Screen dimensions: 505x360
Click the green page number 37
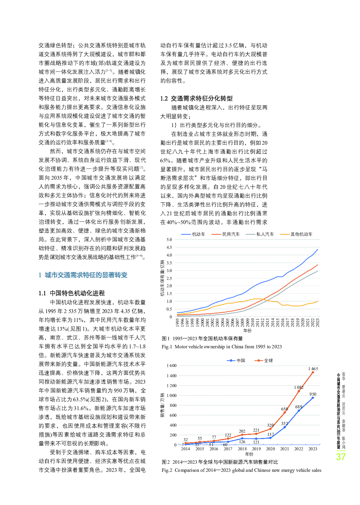(x=341, y=457)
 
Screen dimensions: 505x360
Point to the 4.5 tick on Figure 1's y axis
(x=169, y=247)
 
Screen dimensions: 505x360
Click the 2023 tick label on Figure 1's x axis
(x=317, y=323)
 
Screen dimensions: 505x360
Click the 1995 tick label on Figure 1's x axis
(x=178, y=323)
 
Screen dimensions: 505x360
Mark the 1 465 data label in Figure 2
(x=313, y=369)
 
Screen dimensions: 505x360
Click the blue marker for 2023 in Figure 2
(x=313, y=398)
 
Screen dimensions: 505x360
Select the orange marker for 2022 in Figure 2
(x=299, y=391)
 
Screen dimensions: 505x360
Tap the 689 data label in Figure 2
(x=299, y=407)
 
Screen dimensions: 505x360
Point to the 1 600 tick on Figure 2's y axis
(x=172, y=366)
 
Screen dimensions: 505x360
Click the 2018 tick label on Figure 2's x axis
(x=242, y=449)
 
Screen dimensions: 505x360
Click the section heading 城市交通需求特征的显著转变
(x=86, y=275)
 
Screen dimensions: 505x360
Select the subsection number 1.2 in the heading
(x=164, y=99)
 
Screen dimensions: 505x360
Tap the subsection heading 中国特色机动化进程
(x=77, y=293)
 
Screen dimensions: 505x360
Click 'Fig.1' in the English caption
(x=167, y=347)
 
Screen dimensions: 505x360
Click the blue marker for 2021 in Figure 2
(x=284, y=427)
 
